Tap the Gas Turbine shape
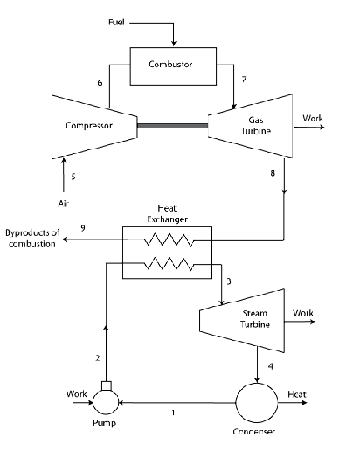pyautogui.click(x=249, y=125)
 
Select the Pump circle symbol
pyautogui.click(x=108, y=403)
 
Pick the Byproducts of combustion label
pyautogui.click(x=32, y=239)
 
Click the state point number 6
pyautogui.click(x=100, y=82)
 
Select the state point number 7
pyautogui.click(x=244, y=80)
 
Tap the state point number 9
pyautogui.click(x=83, y=228)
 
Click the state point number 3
pyautogui.click(x=228, y=281)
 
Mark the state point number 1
pyautogui.click(x=173, y=412)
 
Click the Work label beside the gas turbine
pyautogui.click(x=312, y=118)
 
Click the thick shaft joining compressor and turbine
pyautogui.click(x=173, y=125)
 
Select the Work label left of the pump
pyautogui.click(x=78, y=394)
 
